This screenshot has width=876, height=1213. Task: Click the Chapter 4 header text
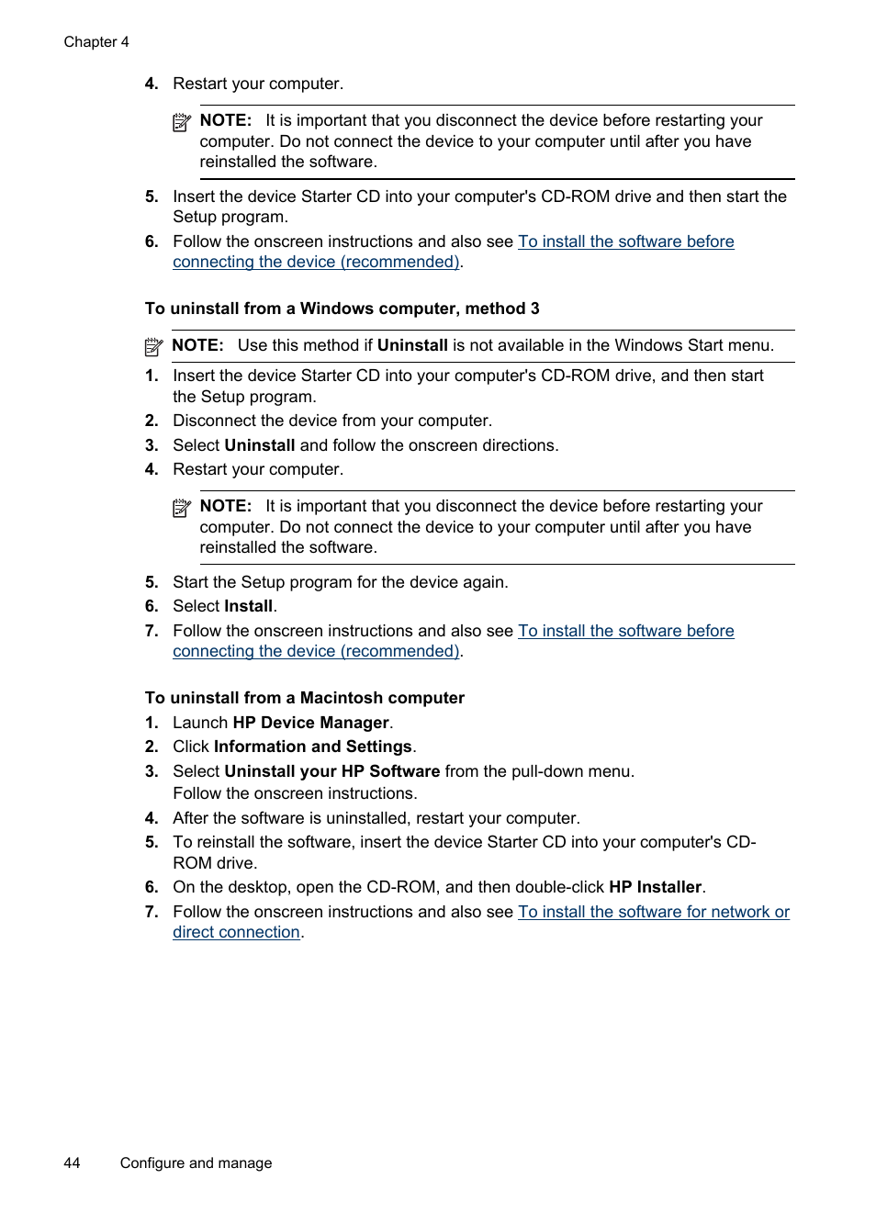coord(96,42)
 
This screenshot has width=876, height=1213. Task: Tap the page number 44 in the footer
coord(72,1162)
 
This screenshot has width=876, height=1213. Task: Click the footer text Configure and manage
coord(196,1162)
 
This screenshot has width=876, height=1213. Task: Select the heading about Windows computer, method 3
coord(342,309)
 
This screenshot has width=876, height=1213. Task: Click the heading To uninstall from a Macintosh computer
coord(304,698)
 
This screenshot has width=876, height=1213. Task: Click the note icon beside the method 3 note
coord(154,347)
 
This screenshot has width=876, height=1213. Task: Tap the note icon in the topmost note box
coord(182,122)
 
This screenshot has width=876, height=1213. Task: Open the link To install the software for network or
coord(653,912)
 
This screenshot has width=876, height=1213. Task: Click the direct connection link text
coord(236,932)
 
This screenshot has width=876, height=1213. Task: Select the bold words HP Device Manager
coord(311,723)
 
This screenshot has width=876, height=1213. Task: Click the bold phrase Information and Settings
coord(312,747)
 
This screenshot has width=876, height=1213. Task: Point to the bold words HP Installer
coord(655,887)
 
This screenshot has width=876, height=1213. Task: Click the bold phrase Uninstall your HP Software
coord(332,771)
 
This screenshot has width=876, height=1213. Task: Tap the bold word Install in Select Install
coord(248,606)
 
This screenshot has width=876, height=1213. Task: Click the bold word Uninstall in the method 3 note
coord(412,345)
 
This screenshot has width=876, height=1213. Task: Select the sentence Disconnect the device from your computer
coord(332,421)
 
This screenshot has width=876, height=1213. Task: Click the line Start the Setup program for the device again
coord(340,582)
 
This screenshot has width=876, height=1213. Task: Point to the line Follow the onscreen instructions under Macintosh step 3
coord(295,793)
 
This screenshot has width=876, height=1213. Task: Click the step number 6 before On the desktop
coord(152,887)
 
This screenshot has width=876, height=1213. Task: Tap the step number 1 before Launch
coord(152,723)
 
